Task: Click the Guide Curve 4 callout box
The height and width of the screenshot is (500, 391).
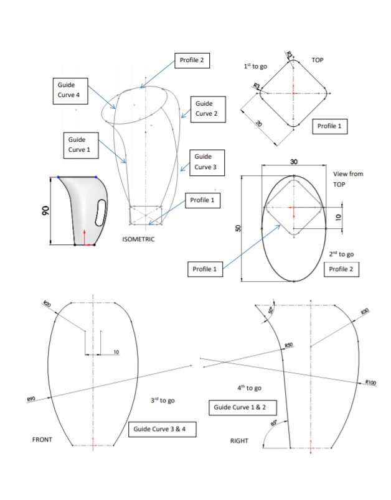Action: click(x=70, y=89)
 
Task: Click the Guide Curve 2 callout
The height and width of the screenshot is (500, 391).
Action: click(x=206, y=108)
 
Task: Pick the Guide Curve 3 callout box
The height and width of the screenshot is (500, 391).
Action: click(x=206, y=162)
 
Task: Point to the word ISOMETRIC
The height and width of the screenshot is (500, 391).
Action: click(x=138, y=239)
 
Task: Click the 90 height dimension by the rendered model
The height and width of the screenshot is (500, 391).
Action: click(x=45, y=212)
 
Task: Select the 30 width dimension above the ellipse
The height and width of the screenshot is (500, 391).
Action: click(x=294, y=161)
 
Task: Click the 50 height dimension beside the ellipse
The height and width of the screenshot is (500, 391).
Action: click(x=237, y=228)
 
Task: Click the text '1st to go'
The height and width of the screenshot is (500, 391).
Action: click(x=256, y=66)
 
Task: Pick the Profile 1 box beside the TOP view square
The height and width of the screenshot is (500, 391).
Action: click(x=329, y=126)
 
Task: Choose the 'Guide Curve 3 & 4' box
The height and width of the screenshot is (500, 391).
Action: click(x=160, y=429)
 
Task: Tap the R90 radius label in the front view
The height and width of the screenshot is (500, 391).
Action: click(x=29, y=399)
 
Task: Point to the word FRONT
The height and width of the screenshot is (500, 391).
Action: click(x=42, y=440)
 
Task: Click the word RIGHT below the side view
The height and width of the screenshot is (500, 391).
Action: click(x=239, y=440)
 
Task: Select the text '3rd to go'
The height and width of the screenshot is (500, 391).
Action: click(x=163, y=400)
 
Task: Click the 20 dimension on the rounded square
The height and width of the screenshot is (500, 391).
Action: click(x=258, y=125)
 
